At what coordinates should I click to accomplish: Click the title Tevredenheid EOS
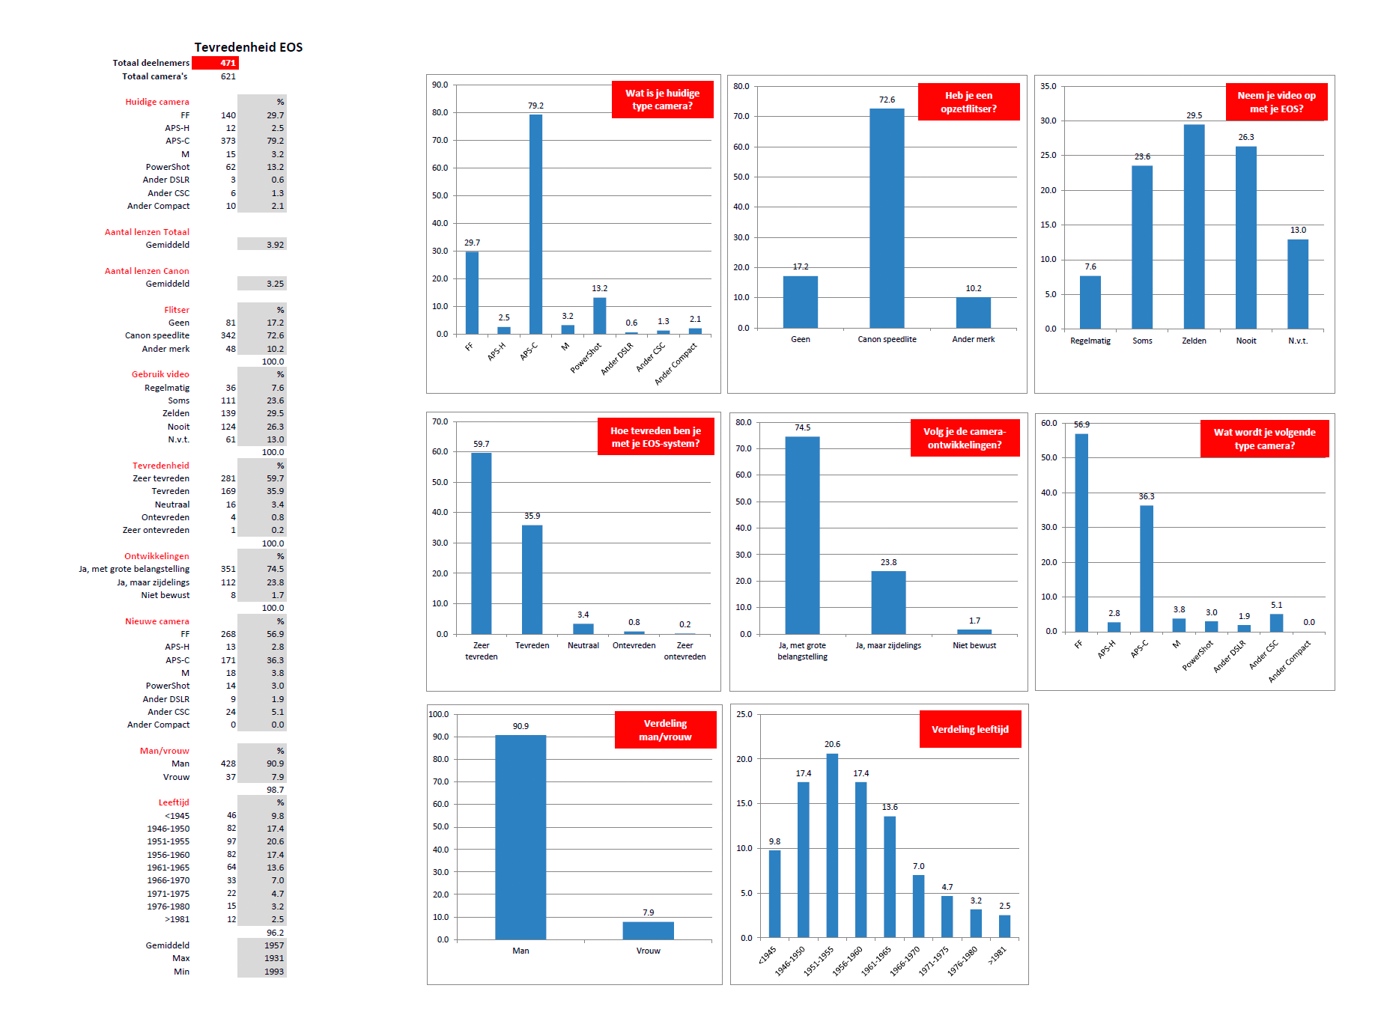[248, 47]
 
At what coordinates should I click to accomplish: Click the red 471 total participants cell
[215, 63]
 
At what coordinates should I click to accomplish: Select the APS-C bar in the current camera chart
[535, 224]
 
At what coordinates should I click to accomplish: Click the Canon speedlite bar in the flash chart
[887, 218]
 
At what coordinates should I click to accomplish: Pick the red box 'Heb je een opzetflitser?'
[968, 102]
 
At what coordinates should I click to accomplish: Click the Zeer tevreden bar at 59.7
[481, 543]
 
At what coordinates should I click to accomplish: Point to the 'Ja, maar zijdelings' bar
[888, 602]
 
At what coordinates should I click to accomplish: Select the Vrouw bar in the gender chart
[648, 930]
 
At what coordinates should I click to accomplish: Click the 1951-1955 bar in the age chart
[832, 845]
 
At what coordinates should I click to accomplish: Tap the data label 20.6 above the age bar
[832, 744]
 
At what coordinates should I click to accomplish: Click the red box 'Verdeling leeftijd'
[970, 729]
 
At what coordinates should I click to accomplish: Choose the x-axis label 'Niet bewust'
[974, 645]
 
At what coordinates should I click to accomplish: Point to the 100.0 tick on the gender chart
[439, 714]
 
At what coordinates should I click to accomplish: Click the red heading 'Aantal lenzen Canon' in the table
[147, 271]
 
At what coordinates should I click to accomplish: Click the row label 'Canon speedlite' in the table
[157, 335]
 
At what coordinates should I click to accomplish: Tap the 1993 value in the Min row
[273, 972]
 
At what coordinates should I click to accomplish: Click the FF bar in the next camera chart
[1081, 532]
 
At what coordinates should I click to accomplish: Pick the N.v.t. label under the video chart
[1298, 341]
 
